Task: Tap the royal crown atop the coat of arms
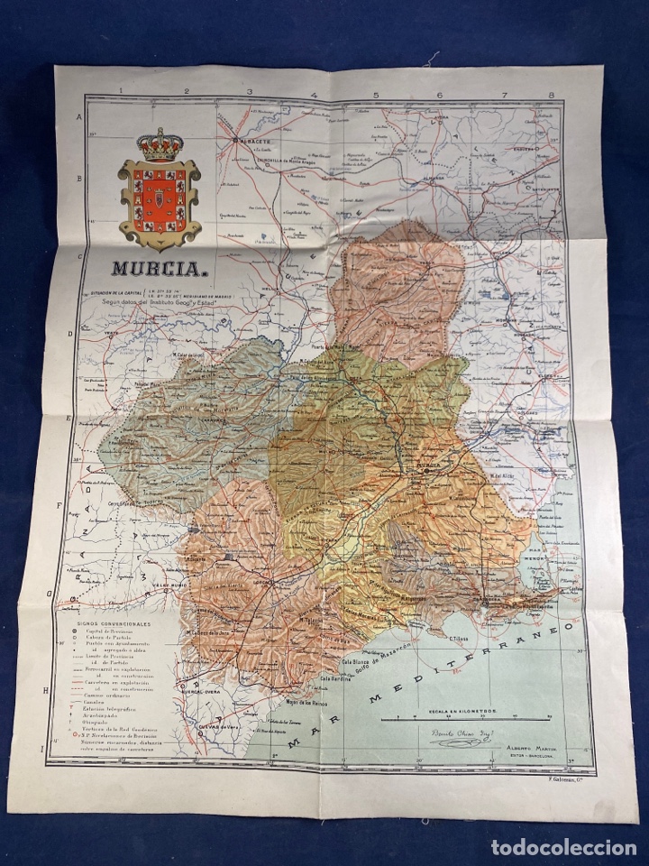160,143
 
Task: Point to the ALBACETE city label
254,142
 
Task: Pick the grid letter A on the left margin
79,117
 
